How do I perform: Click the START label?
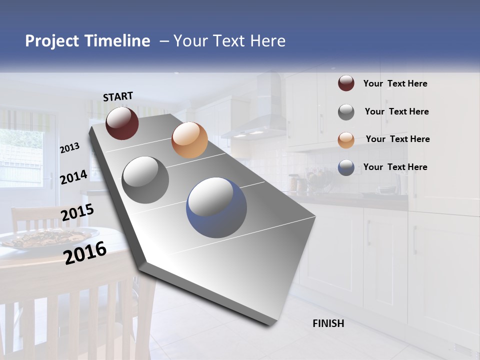click(x=118, y=96)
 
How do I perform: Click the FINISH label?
click(x=328, y=323)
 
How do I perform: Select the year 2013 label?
click(x=69, y=147)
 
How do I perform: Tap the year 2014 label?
click(x=73, y=177)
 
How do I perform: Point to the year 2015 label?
click(x=77, y=212)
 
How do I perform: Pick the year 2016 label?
click(x=85, y=252)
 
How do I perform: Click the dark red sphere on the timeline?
click(x=122, y=123)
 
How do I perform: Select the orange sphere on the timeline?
click(x=189, y=140)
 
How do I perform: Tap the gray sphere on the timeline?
click(x=145, y=179)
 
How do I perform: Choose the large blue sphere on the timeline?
click(x=216, y=207)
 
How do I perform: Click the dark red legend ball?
click(x=346, y=83)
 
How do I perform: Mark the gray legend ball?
click(x=346, y=112)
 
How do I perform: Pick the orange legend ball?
click(x=346, y=139)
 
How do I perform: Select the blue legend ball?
click(x=346, y=167)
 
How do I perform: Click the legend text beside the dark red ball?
click(x=395, y=83)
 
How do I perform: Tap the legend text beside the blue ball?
click(x=395, y=167)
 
